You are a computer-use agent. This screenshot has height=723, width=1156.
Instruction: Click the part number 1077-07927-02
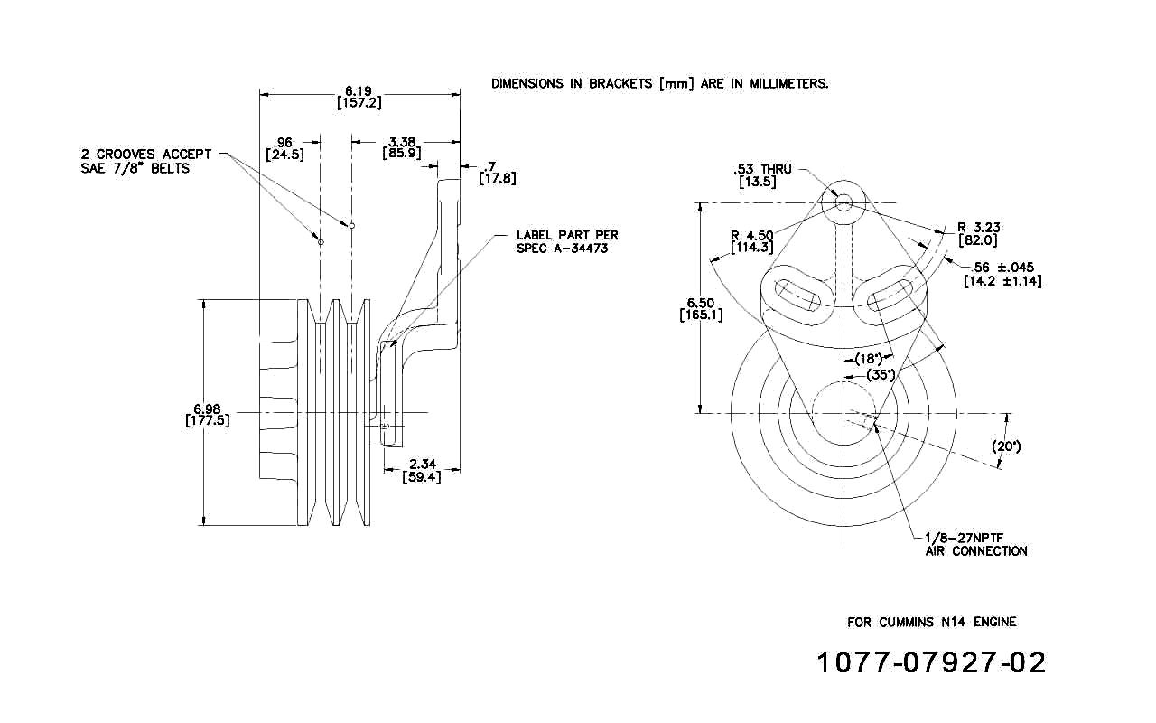[x=931, y=662]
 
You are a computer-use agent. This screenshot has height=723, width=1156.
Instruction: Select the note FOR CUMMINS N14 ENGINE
[x=931, y=622]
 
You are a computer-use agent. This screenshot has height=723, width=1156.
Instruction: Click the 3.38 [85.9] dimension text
[x=402, y=147]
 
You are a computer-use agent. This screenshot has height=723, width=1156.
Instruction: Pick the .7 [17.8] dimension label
[x=497, y=173]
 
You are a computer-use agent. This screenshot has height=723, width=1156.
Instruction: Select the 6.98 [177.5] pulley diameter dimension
[x=207, y=413]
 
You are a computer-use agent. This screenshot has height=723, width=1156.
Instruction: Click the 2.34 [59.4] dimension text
[x=422, y=470]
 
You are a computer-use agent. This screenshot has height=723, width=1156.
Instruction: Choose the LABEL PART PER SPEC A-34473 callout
[x=567, y=241]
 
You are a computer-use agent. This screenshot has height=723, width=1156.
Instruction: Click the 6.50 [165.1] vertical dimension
[x=701, y=308]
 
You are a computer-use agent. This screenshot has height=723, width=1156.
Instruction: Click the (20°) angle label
[x=1005, y=446]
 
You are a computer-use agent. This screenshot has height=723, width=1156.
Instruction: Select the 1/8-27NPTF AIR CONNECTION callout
[x=976, y=543]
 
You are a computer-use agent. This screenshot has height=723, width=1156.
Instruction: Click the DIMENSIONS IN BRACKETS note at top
[x=659, y=83]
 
